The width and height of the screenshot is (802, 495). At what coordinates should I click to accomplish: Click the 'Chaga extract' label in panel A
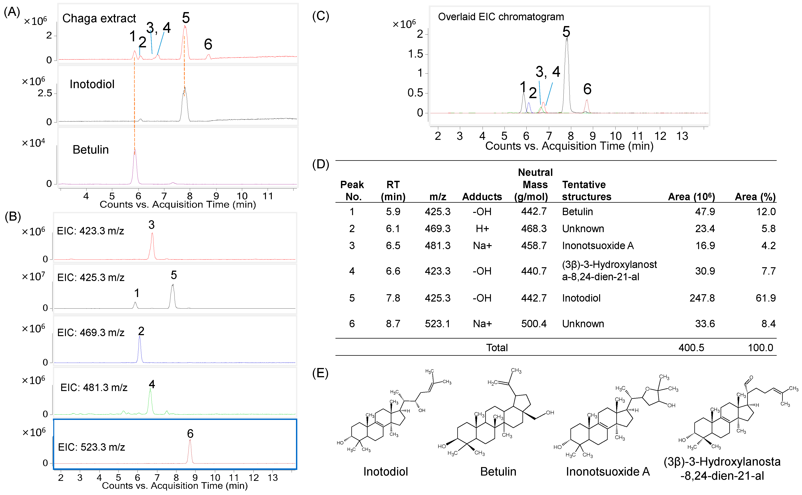[99, 18]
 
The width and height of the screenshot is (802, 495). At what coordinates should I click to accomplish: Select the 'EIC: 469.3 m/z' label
[91, 333]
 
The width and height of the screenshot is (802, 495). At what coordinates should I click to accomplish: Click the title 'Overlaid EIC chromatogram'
[501, 17]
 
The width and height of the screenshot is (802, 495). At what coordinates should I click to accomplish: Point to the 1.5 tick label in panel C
[415, 54]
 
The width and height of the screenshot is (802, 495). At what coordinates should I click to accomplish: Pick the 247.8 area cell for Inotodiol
[702, 298]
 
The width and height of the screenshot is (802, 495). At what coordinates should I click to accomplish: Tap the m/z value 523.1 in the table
[437, 324]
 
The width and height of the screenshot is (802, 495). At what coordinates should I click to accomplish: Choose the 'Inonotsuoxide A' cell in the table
[598, 246]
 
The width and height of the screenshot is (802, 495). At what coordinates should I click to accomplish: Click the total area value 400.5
[691, 348]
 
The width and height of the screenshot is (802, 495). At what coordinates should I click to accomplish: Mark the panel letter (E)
[320, 373]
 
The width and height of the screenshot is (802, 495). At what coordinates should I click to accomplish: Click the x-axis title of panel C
[569, 146]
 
